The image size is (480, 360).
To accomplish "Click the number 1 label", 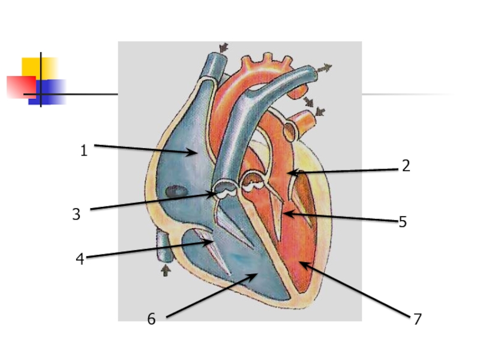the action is tap(84, 151).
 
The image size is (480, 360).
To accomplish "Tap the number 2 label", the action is tap(406, 166).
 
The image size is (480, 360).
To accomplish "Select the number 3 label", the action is tap(76, 214).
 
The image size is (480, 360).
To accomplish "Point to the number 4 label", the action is tap(80, 259).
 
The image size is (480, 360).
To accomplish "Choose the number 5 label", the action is tap(403, 222).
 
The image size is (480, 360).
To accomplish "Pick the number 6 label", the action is tap(151, 319).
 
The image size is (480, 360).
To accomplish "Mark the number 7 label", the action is tap(417, 319).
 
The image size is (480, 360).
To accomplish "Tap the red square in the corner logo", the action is tap(19, 86).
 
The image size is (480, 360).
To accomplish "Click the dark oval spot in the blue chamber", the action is tap(175, 192).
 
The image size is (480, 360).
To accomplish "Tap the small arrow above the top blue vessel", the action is tap(223, 47).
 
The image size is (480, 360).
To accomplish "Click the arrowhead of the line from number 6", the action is tap(256, 275).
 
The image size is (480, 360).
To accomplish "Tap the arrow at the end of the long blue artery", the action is tap(325, 68).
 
